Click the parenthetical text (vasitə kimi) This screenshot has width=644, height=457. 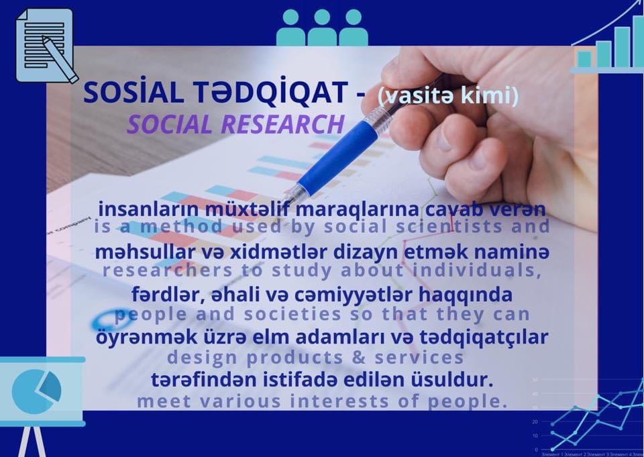tap(448, 96)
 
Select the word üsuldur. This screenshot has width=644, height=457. tap(457, 380)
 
